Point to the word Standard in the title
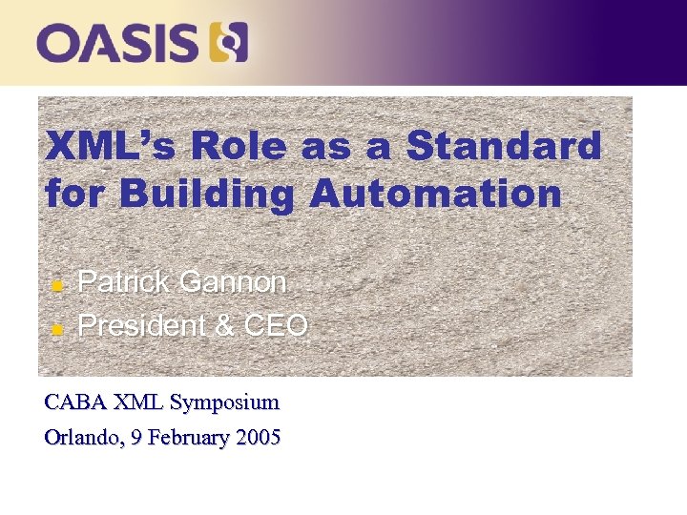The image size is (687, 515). click(x=504, y=147)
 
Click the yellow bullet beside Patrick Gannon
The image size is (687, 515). click(x=56, y=285)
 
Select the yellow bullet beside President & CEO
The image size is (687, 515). click(x=56, y=329)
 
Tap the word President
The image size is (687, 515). click(x=141, y=326)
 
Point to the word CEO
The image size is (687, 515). click(x=276, y=326)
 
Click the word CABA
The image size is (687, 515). click(x=74, y=402)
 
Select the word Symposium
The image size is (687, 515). click(x=224, y=403)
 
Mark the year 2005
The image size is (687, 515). click(x=260, y=439)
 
